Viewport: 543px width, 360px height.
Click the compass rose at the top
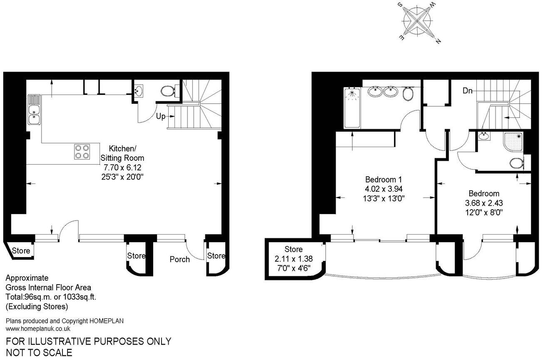(x=418, y=22)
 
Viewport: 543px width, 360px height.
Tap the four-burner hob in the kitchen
(x=82, y=152)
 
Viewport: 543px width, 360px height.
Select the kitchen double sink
(x=34, y=110)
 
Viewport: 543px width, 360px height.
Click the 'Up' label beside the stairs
(x=161, y=116)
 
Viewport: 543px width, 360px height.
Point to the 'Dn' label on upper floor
(x=468, y=91)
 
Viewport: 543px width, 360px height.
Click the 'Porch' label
(x=180, y=259)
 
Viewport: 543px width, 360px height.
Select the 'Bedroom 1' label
(x=383, y=180)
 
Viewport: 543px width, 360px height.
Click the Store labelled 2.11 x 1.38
(x=294, y=258)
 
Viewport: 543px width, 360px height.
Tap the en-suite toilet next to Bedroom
(x=517, y=164)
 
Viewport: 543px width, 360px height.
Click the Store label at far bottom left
(x=21, y=251)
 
